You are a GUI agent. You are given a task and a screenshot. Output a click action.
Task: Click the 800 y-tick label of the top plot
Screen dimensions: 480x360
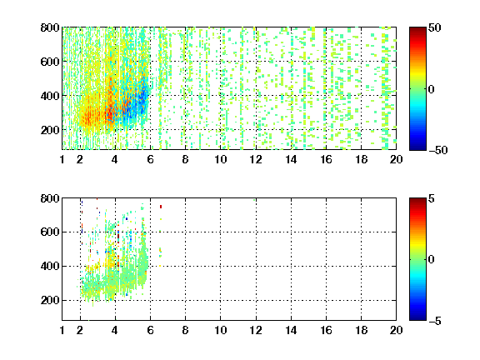click(50, 27)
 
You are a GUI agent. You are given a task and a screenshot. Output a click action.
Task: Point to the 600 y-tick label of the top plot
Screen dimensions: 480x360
click(50, 62)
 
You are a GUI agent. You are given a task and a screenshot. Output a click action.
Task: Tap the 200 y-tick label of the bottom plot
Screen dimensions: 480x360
click(50, 300)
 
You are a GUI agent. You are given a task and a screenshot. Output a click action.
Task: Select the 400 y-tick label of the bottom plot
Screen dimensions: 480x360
click(50, 266)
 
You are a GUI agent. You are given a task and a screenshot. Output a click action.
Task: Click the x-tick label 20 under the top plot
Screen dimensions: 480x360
click(396, 159)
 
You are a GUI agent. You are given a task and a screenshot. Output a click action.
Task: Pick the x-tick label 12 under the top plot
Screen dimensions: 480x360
click(256, 159)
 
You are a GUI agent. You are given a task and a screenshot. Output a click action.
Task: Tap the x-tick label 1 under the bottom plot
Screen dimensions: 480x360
click(62, 330)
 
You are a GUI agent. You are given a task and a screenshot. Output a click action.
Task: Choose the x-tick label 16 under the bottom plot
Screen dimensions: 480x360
click(326, 330)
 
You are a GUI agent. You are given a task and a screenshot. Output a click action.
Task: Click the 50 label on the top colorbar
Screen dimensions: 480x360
click(435, 27)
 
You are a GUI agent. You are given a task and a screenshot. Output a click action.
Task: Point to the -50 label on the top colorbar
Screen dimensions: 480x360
click(438, 150)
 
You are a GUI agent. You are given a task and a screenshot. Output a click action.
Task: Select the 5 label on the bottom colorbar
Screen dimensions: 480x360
click(432, 198)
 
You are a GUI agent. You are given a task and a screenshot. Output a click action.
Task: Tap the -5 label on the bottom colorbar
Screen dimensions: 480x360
click(435, 321)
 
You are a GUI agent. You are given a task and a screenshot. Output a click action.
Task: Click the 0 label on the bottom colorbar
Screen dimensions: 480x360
click(432, 260)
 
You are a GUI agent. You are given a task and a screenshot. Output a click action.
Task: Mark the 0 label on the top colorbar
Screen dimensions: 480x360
click(432, 89)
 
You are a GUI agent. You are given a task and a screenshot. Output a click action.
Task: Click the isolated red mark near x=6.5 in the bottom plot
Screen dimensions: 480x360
click(161, 207)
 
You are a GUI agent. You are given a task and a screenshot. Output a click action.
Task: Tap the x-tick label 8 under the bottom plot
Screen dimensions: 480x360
click(185, 330)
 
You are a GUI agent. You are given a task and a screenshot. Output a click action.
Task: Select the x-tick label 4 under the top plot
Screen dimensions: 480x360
click(115, 159)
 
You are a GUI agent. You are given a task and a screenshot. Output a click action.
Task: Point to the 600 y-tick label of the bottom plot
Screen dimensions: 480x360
click(50, 232)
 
